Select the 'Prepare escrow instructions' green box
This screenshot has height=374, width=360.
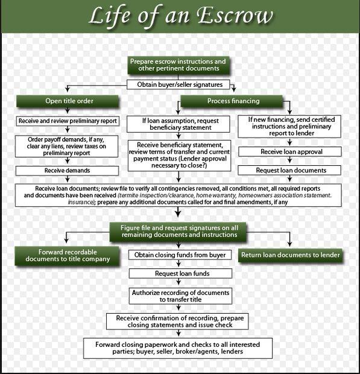point(178,66)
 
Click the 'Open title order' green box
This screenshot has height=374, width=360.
point(69,101)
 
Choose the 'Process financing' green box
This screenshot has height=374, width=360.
point(233,101)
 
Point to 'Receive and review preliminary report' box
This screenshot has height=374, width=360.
point(68,121)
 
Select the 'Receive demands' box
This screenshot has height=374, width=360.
point(68,171)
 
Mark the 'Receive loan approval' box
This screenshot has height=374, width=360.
point(291,152)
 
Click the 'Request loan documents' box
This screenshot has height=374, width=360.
point(291,171)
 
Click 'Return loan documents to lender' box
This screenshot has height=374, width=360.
point(291,255)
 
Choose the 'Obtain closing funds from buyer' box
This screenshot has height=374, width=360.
point(180,255)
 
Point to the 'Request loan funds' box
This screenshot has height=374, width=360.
point(180,273)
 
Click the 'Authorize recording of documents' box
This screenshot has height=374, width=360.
point(180,295)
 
